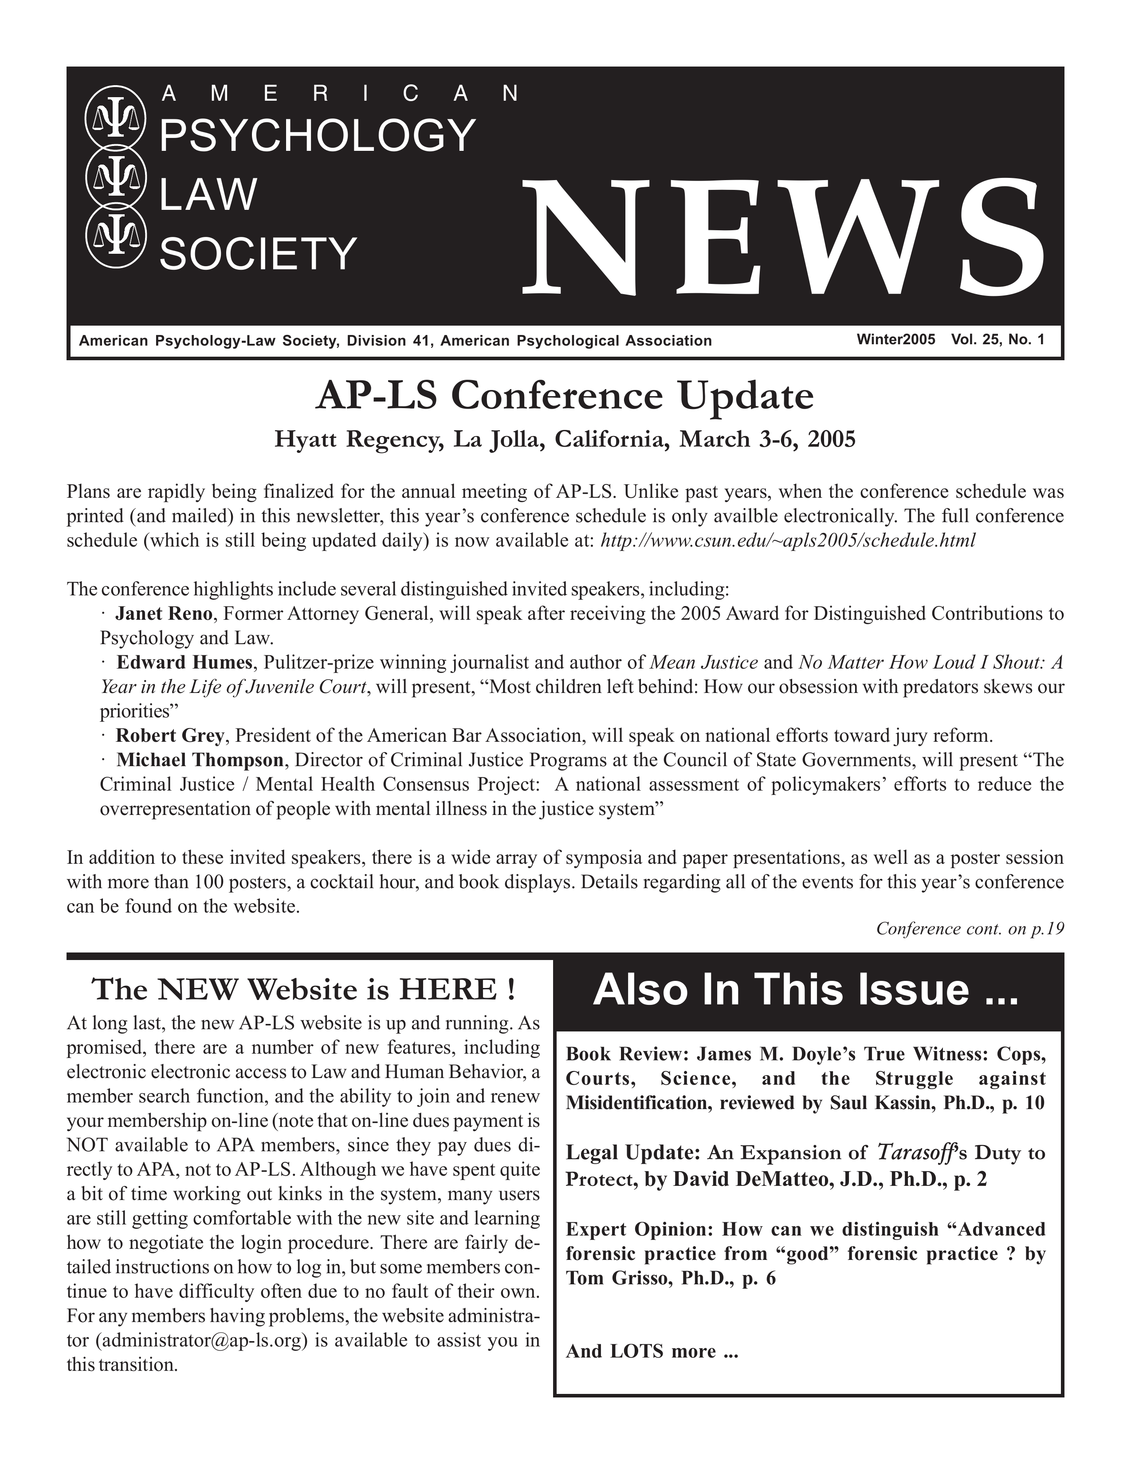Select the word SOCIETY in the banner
[258, 255]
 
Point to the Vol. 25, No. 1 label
[997, 340]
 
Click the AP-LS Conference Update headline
[565, 397]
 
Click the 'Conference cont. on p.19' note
[970, 929]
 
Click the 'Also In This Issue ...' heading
[805, 990]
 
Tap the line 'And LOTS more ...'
[651, 1351]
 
